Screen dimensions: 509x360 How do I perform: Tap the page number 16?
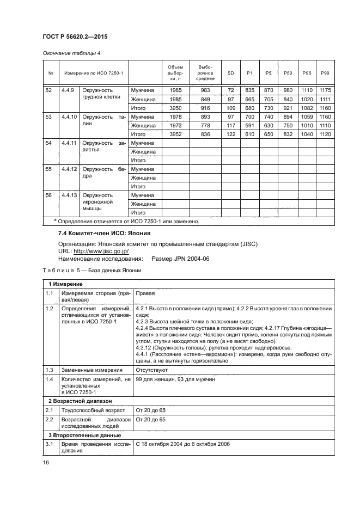(46, 463)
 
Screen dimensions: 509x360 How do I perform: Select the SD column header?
(231, 72)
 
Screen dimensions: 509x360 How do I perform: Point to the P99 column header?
(326, 72)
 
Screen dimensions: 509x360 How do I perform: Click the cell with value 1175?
(326, 90)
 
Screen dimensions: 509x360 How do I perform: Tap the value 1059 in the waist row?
(307, 116)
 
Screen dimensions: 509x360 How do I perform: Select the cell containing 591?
(251, 125)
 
